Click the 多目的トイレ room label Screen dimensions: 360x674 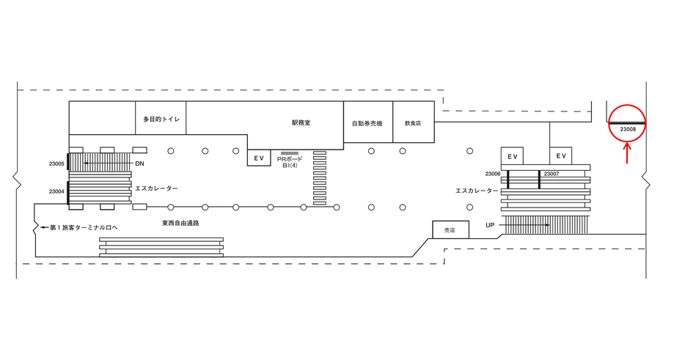point(161,118)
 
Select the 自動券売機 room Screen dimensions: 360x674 point(367,123)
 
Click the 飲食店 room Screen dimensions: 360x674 point(413,123)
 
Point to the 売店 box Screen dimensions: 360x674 point(450,229)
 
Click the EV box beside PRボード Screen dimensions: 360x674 point(258,158)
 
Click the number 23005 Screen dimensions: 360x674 point(57,164)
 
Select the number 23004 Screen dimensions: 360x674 point(57,191)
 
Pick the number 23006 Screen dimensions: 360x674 point(492,174)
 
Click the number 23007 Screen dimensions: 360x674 point(552,174)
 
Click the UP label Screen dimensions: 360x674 point(489,224)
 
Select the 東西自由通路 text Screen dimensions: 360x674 point(181,221)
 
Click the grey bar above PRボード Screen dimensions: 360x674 point(289,153)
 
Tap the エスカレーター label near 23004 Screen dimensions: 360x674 point(156,188)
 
